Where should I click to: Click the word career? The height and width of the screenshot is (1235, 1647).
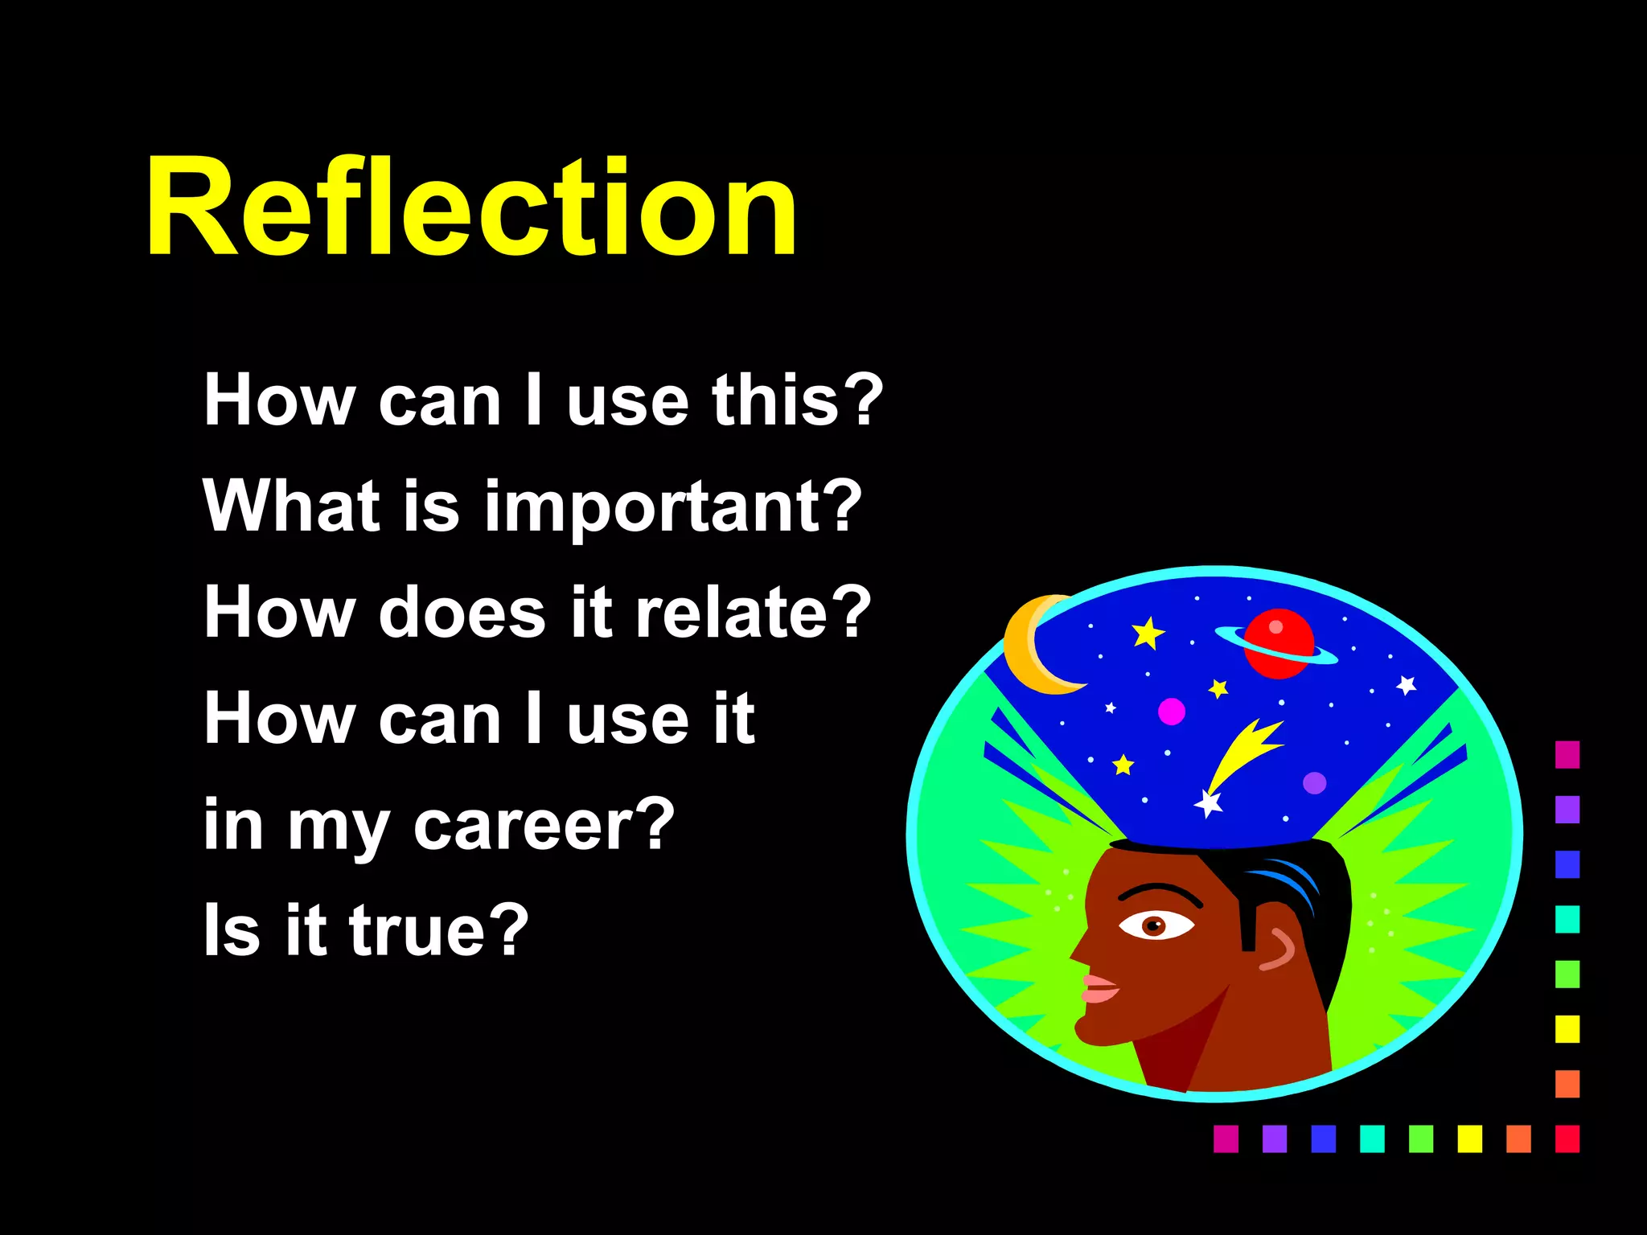coord(531,825)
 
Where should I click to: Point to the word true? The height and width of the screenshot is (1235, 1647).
coord(426,931)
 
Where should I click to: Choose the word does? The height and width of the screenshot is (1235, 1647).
coord(462,613)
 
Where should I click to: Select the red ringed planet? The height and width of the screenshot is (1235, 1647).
coord(1279,643)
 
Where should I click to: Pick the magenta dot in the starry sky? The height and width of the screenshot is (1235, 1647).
coord(1171,712)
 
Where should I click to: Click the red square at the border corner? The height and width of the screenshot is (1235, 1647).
coord(1567,1139)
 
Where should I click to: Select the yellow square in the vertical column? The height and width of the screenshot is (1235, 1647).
coord(1567,1028)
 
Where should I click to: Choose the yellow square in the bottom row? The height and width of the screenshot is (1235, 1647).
coord(1469,1139)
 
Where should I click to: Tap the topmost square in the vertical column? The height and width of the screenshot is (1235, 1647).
coord(1567,754)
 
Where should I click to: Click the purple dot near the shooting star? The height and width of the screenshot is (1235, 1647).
coord(1314,782)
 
